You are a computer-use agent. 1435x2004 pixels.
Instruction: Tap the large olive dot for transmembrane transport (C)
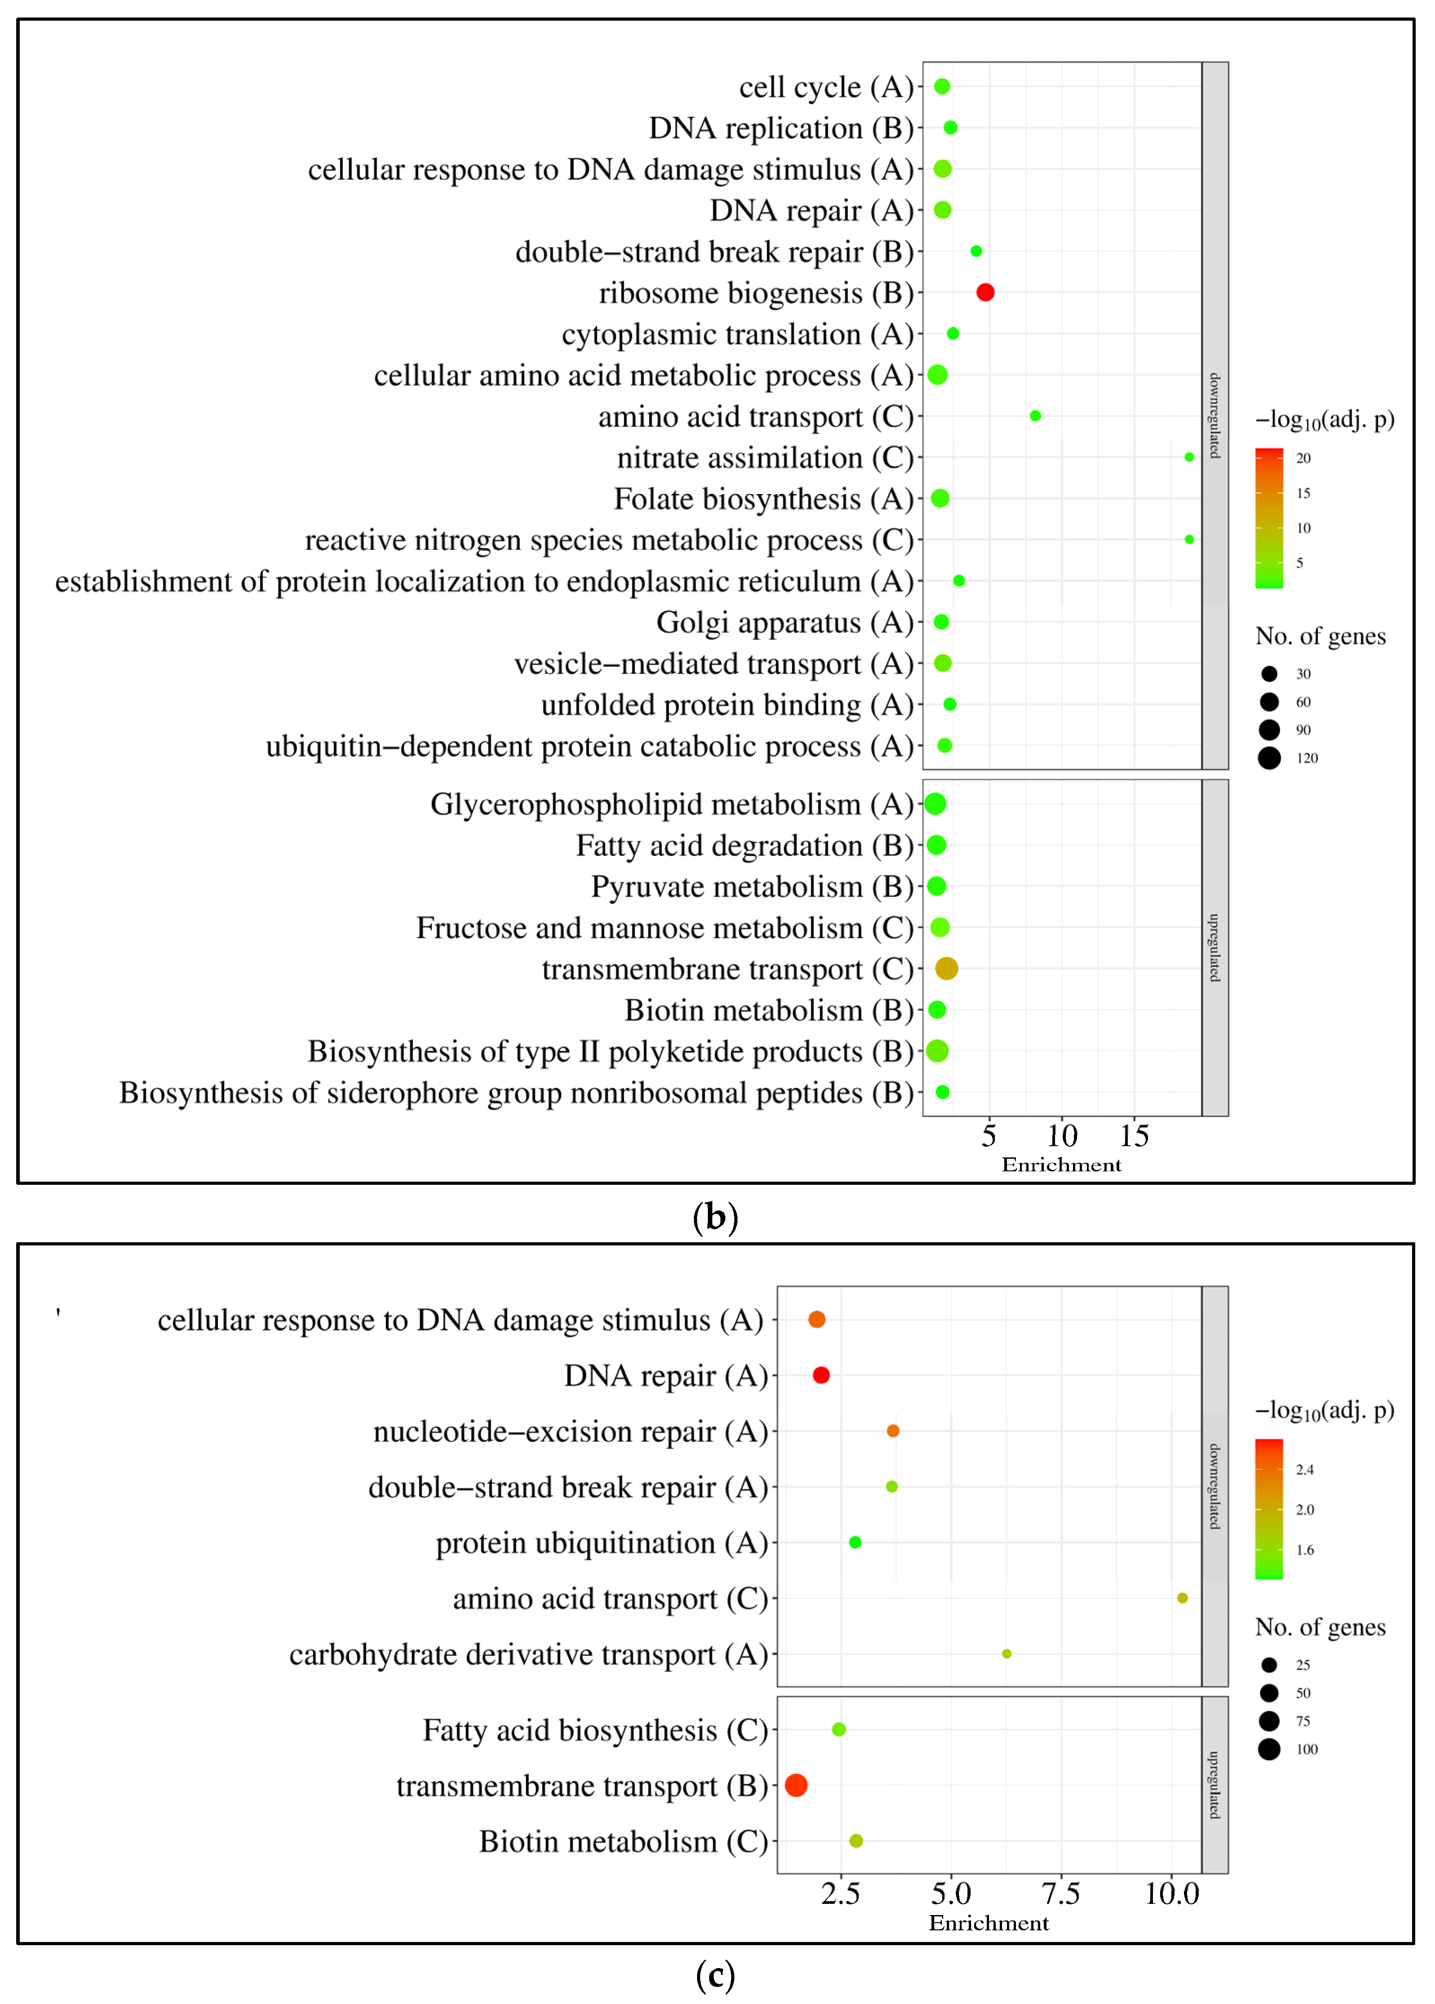[x=946, y=968]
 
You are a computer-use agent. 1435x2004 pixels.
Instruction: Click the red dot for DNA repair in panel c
[x=821, y=1375]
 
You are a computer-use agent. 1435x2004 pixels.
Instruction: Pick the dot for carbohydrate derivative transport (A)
[x=1007, y=1653]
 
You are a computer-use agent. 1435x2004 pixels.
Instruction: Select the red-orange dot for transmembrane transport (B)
[x=796, y=1785]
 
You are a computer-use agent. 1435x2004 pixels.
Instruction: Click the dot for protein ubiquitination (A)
[x=854, y=1542]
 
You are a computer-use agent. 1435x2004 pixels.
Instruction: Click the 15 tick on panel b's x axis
[x=1135, y=1135]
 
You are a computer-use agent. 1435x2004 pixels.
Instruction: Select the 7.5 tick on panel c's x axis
[x=1060, y=1893]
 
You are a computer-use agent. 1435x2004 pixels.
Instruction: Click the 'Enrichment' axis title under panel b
[x=1061, y=1165]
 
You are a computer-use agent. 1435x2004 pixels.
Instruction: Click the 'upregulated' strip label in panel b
[x=1215, y=947]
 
